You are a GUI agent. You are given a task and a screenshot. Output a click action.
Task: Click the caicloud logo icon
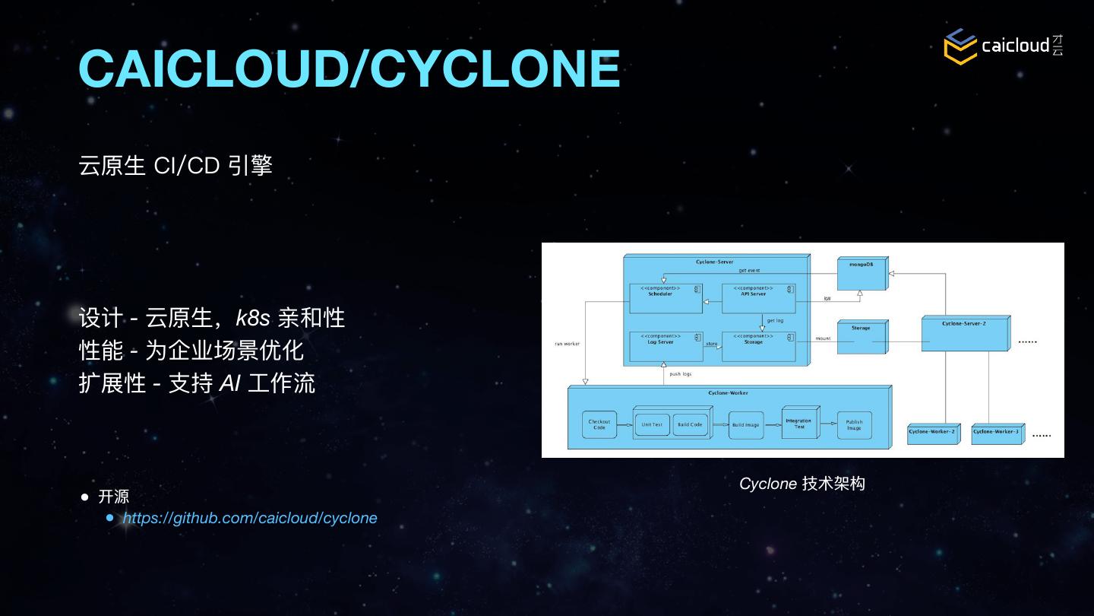point(960,46)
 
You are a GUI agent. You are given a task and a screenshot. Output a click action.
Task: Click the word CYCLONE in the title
point(495,68)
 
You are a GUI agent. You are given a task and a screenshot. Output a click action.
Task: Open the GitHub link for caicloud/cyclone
point(250,518)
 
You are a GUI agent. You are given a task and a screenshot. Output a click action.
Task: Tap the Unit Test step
point(652,425)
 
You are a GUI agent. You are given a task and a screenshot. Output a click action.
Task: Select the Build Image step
point(745,425)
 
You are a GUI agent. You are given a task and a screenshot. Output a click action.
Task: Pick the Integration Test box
point(798,424)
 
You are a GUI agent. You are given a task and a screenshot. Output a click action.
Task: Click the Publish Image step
point(854,425)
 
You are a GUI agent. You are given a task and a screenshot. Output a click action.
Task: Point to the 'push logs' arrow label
point(680,374)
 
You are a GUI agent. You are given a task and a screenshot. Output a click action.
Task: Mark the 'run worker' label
point(567,344)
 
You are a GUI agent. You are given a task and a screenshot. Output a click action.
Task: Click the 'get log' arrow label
point(775,320)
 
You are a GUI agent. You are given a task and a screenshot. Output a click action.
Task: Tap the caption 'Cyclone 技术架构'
point(802,484)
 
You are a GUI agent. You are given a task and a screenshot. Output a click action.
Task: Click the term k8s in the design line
point(253,318)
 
